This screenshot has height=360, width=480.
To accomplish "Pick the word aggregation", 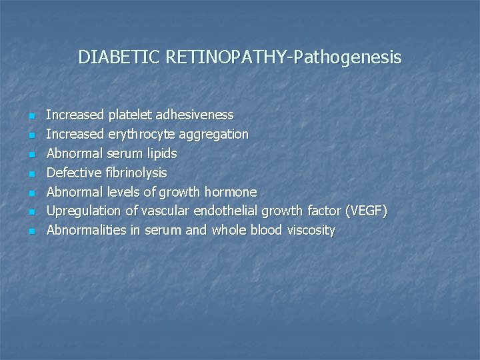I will pos(211,135).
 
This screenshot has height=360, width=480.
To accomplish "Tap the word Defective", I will pos(72,173).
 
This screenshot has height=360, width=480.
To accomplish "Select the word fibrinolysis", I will pos(135,173).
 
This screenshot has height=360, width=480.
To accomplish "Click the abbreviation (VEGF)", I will pos(365,211).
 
